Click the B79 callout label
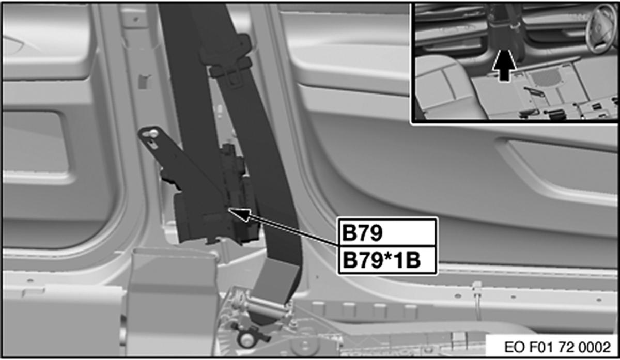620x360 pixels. pyautogui.click(x=362, y=233)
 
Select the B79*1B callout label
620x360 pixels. pyautogui.click(x=382, y=260)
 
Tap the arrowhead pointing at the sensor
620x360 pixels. pyautogui.click(x=239, y=214)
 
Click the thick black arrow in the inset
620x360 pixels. pyautogui.click(x=504, y=65)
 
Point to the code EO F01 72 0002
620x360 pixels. pyautogui.click(x=557, y=347)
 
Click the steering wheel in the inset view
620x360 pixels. pyautogui.click(x=600, y=28)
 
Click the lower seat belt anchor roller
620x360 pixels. pyautogui.click(x=265, y=308)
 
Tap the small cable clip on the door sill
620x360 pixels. pyautogui.click(x=476, y=287)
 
